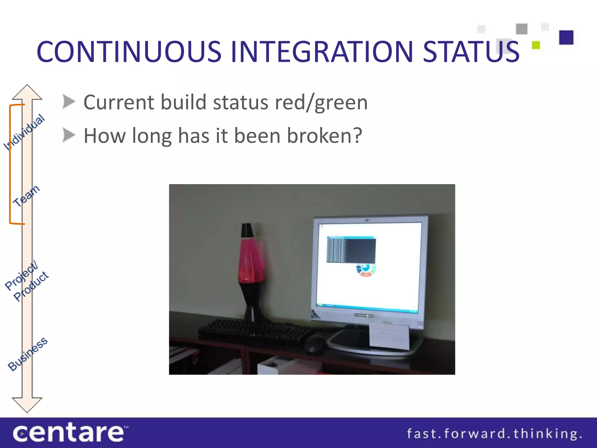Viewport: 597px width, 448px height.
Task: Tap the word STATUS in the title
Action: (471, 52)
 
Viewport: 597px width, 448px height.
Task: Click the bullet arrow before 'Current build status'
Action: (69, 102)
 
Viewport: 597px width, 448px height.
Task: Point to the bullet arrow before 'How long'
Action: (69, 135)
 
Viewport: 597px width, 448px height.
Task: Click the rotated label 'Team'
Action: (26, 196)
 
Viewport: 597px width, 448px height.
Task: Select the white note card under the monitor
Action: (389, 335)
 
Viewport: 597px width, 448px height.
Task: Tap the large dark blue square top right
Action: (566, 37)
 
